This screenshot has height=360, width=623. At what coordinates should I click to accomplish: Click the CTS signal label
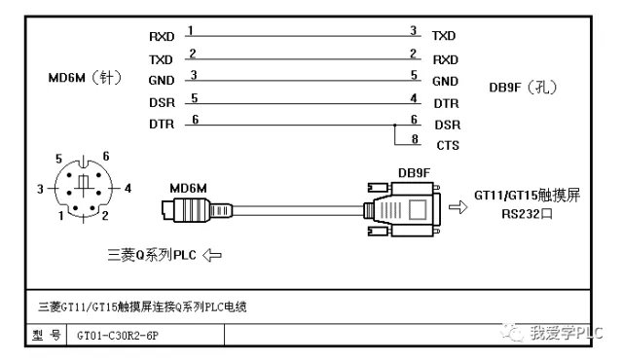point(448,145)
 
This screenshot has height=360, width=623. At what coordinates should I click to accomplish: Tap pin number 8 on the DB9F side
point(415,139)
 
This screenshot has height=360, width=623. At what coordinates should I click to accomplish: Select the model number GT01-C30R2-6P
point(118,336)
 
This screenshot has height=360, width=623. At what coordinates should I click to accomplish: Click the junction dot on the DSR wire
point(394,126)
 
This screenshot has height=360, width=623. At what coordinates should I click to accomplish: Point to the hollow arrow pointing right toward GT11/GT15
point(458,207)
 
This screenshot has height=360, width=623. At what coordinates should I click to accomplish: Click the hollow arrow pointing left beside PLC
point(212,255)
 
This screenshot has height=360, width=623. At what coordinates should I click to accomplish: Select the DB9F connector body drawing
point(402,209)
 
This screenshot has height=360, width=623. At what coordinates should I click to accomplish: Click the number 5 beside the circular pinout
point(58,160)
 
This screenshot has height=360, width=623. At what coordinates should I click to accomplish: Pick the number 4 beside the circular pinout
point(128,188)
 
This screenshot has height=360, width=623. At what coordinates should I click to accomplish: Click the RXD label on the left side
point(162,37)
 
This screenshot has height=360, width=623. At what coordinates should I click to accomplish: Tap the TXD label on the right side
point(444,36)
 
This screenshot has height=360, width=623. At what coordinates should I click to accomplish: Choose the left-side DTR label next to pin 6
point(162,125)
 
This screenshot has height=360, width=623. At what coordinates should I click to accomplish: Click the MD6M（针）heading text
point(85,78)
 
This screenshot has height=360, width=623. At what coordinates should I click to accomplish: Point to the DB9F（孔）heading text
point(523,87)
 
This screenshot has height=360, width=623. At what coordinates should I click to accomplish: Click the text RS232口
point(527,214)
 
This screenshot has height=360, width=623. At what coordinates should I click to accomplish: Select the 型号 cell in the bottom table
point(47,336)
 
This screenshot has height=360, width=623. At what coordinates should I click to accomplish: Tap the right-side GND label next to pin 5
point(445,82)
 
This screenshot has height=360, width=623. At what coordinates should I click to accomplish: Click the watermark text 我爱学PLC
point(567,333)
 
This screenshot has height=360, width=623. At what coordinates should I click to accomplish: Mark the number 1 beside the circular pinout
point(60,216)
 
